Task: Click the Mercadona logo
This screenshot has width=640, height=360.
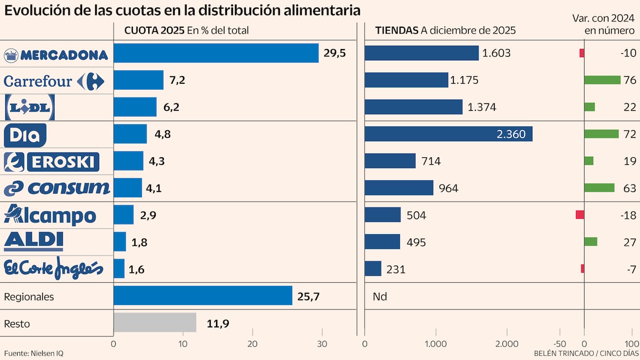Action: (55, 54)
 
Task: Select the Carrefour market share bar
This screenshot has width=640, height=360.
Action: (139, 80)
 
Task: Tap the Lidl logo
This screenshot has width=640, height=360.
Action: (30, 107)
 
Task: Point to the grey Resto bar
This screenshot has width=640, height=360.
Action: (155, 323)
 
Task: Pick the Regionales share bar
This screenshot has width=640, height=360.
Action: (203, 295)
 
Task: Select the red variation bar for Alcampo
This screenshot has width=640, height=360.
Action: (580, 214)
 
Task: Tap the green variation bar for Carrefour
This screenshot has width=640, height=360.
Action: (602, 80)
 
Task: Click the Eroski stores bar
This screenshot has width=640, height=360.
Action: (390, 161)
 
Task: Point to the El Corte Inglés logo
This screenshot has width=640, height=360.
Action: (53, 268)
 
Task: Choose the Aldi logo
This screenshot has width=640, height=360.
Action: (34, 241)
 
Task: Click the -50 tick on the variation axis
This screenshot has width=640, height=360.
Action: (560, 344)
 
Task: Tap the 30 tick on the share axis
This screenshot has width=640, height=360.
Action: (322, 344)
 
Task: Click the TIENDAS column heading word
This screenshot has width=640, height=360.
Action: (397, 30)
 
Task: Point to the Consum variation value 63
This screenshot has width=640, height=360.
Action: (630, 188)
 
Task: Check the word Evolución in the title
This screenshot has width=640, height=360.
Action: (33, 10)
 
